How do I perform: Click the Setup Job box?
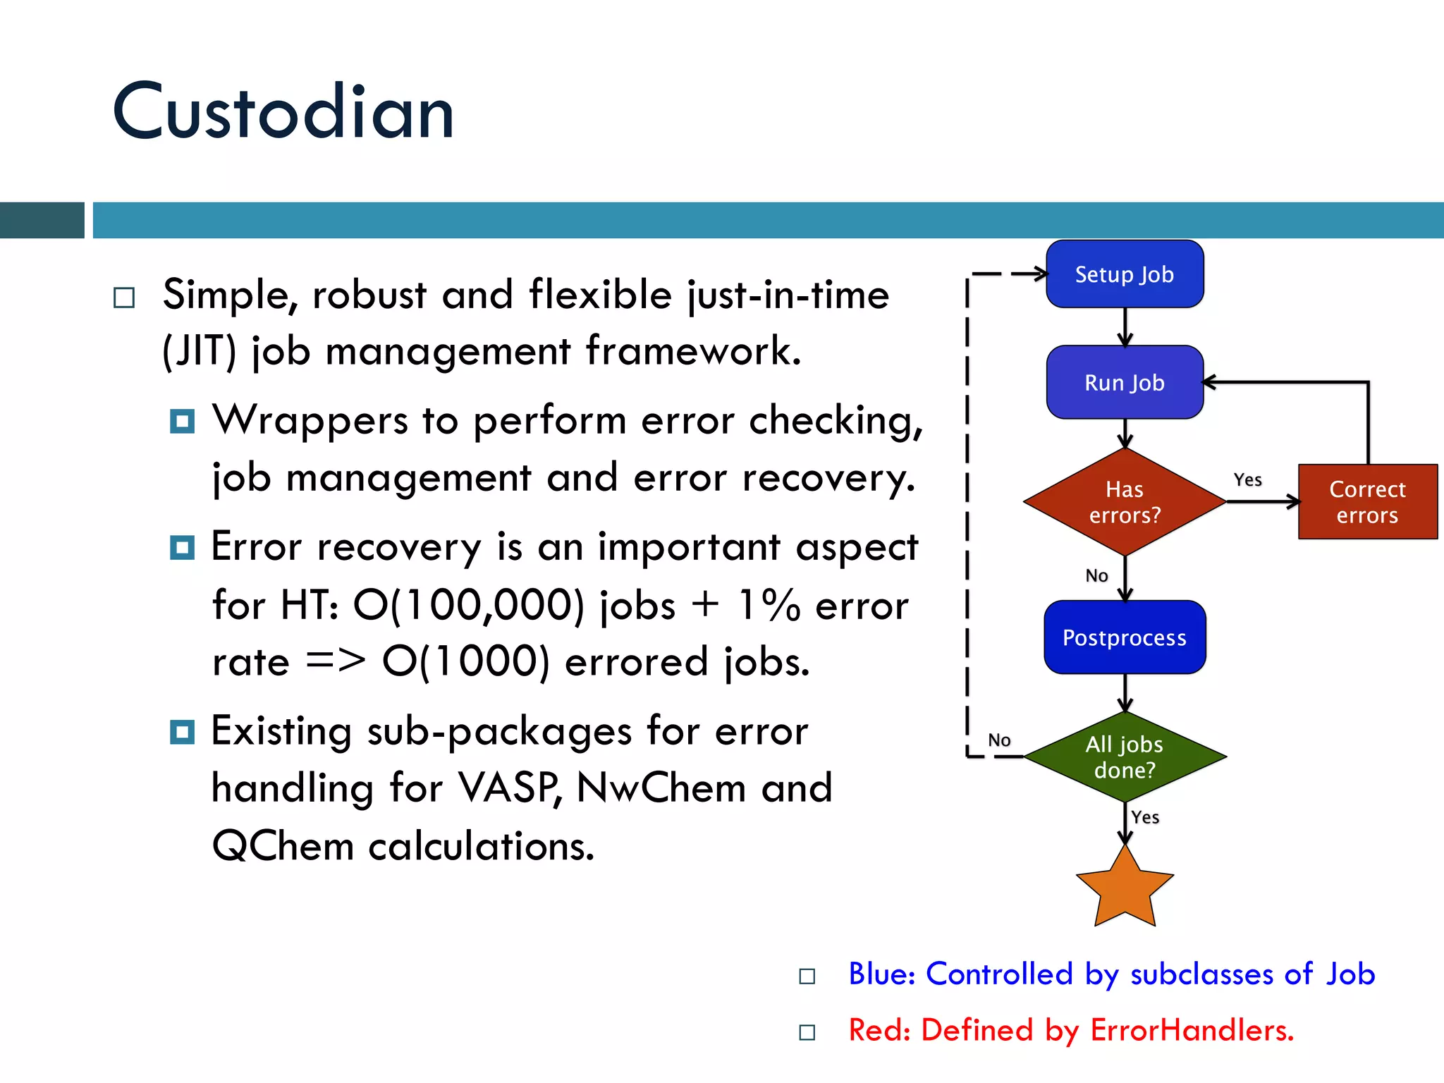1125,274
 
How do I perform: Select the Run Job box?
1125,383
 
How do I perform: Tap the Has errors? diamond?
1125,502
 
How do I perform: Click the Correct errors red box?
1367,502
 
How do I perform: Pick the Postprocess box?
1125,637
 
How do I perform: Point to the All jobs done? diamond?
1125,757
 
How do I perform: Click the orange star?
1125,890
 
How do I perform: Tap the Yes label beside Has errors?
1247,480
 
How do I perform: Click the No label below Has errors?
1096,576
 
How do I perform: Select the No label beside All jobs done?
999,740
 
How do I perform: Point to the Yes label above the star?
1145,817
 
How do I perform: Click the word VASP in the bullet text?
509,788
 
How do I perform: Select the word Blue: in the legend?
881,974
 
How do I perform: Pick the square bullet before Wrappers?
182,422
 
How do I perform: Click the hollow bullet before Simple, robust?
124,298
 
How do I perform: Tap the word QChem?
283,845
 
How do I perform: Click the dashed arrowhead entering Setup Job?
1039,274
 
